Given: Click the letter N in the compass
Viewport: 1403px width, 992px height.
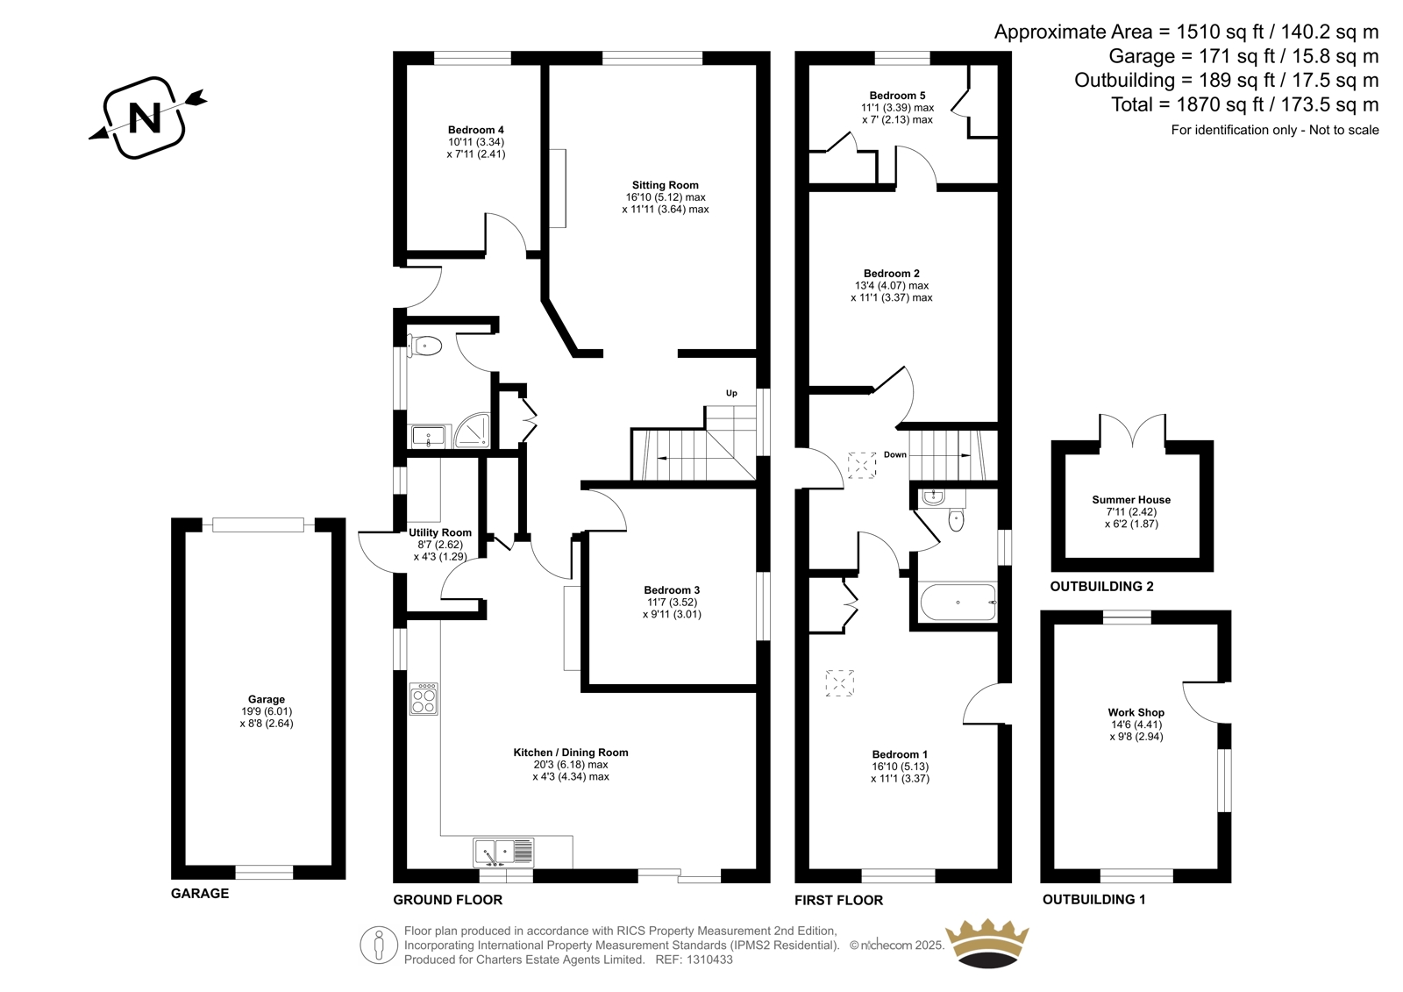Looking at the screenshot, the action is pyautogui.click(x=145, y=118).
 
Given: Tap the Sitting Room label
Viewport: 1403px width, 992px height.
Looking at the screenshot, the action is pyautogui.click(x=665, y=185).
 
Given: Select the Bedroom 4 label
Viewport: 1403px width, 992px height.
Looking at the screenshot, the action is pyautogui.click(x=475, y=130).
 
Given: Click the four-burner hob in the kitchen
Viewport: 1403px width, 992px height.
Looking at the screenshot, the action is pyautogui.click(x=424, y=699).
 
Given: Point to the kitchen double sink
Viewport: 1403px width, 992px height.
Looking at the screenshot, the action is pyautogui.click(x=503, y=853).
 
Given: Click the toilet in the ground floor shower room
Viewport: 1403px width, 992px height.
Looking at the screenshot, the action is pyautogui.click(x=425, y=346).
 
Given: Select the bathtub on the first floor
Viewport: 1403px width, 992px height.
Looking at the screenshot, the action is pyautogui.click(x=958, y=603).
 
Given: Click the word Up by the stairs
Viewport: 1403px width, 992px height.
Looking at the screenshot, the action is pyautogui.click(x=731, y=394).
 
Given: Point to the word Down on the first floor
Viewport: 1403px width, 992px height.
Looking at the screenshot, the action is pyautogui.click(x=895, y=454).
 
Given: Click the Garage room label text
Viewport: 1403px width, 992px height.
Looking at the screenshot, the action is pyautogui.click(x=267, y=699).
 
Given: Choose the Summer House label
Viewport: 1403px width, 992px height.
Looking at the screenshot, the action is pyautogui.click(x=1131, y=499).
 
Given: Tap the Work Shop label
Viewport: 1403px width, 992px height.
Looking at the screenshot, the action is pyautogui.click(x=1136, y=712).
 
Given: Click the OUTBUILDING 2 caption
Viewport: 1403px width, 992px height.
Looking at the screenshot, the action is pyautogui.click(x=1101, y=587).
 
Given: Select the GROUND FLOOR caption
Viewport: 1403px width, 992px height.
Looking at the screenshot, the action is pyautogui.click(x=448, y=900).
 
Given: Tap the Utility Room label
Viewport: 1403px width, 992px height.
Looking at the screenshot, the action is pyautogui.click(x=439, y=532).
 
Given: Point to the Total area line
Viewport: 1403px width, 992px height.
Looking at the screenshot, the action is pyautogui.click(x=1244, y=104).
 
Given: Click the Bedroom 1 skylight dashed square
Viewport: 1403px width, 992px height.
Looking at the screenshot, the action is pyautogui.click(x=840, y=683).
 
